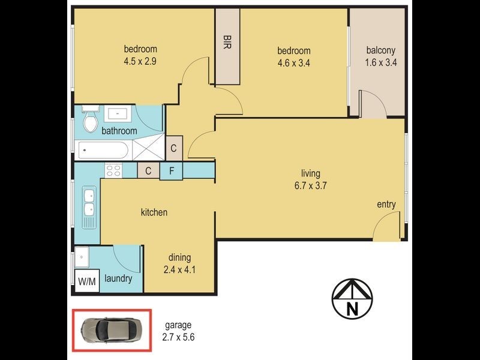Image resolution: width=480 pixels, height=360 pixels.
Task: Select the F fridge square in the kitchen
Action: point(171,170)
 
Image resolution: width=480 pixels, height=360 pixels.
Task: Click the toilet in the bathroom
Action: point(91,121)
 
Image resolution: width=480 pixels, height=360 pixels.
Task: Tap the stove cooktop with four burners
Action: point(114,170)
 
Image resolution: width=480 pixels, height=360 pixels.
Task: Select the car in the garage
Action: point(112,329)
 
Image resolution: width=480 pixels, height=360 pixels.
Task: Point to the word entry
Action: point(386,205)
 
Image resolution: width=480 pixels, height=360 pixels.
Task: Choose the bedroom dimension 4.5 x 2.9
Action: point(140,60)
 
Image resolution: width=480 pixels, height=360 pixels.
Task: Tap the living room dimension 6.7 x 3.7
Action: point(310,185)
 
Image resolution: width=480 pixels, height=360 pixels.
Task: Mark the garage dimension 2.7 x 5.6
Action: point(178,337)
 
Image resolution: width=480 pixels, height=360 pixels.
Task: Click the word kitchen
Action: point(154,212)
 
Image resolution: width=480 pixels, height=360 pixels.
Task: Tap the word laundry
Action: point(118,279)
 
